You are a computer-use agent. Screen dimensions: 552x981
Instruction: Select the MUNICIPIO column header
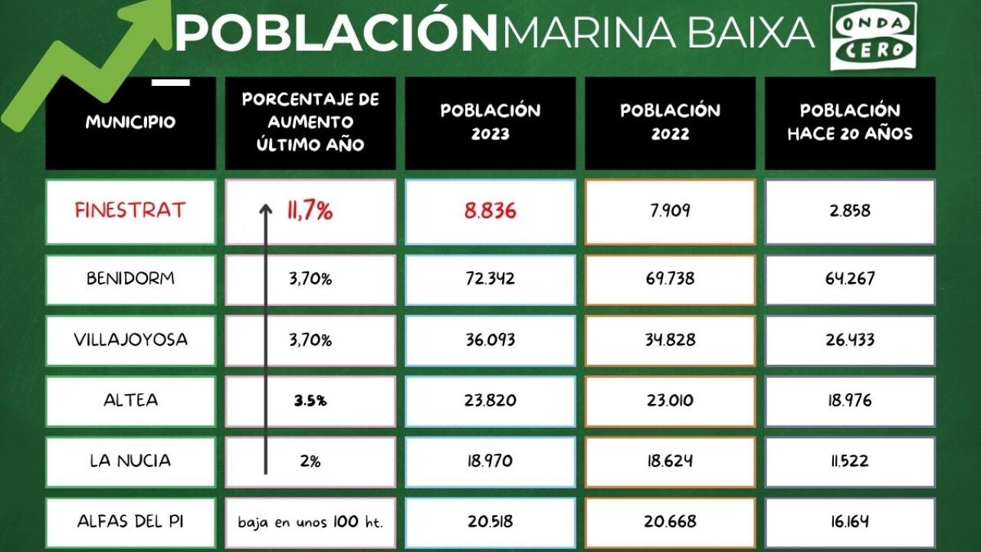click(130, 123)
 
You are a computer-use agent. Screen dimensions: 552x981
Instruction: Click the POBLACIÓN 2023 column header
click(490, 122)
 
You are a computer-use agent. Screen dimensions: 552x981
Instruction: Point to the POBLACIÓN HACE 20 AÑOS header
click(850, 122)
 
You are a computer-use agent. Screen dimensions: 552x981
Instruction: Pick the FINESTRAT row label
click(130, 211)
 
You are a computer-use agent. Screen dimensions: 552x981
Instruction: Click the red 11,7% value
click(310, 211)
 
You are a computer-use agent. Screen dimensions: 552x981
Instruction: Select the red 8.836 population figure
click(490, 211)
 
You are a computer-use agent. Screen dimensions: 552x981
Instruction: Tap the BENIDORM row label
click(130, 278)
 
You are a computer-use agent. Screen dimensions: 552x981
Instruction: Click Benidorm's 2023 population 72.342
click(490, 278)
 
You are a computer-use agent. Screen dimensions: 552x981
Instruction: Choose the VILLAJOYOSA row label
click(130, 340)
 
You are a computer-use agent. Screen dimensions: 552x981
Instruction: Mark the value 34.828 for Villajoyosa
click(670, 340)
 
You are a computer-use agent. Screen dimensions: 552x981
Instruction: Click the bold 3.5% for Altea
click(310, 400)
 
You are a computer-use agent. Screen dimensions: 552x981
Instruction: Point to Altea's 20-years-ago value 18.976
click(850, 400)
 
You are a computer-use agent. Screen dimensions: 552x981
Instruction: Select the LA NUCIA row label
click(130, 461)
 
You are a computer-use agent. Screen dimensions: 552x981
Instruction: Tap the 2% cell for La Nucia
click(310, 462)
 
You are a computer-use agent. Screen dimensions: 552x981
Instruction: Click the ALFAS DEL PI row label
click(130, 521)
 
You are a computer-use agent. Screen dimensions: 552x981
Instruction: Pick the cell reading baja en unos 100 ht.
click(310, 522)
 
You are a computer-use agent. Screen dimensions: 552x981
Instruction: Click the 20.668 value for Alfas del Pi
click(670, 521)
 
